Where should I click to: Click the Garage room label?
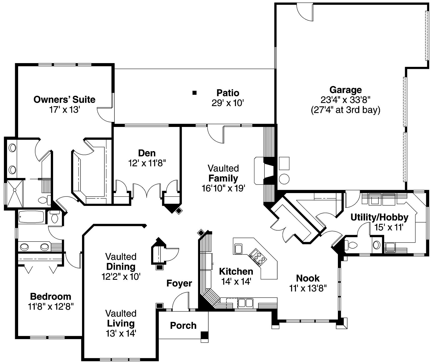click(x=345, y=90)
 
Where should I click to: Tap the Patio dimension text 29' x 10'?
click(x=228, y=103)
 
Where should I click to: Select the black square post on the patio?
click(x=194, y=93)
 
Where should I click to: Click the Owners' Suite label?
click(x=64, y=100)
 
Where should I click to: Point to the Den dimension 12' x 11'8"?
click(x=147, y=163)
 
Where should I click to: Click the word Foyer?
click(x=179, y=283)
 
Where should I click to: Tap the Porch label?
click(x=183, y=326)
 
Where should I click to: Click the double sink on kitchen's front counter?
click(x=246, y=303)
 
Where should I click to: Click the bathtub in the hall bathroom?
click(x=31, y=217)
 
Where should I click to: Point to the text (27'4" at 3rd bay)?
click(x=345, y=110)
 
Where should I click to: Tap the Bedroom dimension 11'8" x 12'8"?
click(x=51, y=307)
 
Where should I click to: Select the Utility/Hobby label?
click(x=379, y=217)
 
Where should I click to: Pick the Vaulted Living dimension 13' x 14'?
click(x=121, y=334)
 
